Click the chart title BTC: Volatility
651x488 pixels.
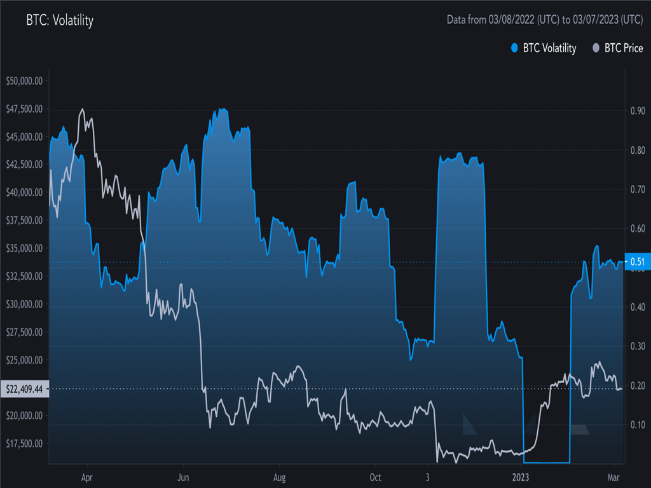click(60, 20)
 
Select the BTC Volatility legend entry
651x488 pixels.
click(544, 48)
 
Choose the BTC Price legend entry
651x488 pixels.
click(617, 48)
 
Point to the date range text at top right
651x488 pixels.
click(545, 20)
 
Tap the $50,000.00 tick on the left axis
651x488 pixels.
click(24, 81)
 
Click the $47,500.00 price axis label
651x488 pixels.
click(24, 109)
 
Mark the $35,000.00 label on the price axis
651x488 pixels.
click(24, 248)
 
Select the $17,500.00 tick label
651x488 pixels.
click(24, 443)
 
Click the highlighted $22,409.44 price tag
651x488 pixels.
click(24, 388)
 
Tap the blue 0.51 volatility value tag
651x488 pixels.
click(637, 262)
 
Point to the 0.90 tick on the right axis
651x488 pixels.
click(637, 111)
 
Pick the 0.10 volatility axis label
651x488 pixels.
click(637, 424)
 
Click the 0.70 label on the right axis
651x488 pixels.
click(637, 189)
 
